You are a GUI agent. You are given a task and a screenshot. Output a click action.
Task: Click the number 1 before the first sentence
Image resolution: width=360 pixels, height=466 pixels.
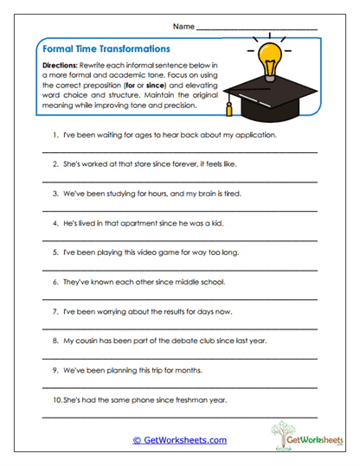tap(55, 137)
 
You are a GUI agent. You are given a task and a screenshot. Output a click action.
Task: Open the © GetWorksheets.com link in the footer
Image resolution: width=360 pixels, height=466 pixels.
tap(180, 440)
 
